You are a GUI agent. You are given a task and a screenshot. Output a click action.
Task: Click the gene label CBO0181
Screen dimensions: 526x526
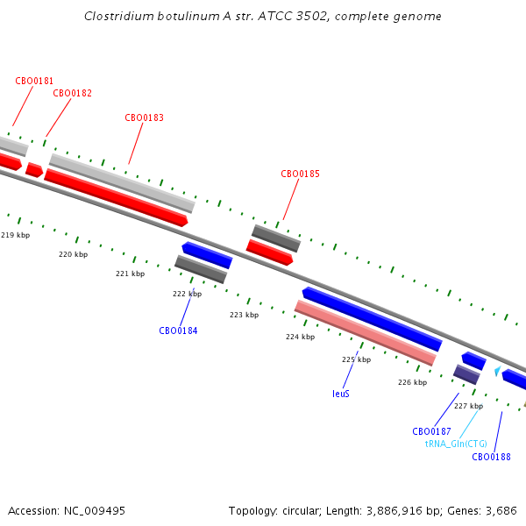click(34, 81)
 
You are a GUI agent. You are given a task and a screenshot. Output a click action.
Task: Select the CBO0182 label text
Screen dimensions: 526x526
click(72, 93)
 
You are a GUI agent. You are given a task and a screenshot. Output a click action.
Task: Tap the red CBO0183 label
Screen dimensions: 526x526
click(144, 117)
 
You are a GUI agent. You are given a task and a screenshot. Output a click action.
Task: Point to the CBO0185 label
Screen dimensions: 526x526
click(300, 174)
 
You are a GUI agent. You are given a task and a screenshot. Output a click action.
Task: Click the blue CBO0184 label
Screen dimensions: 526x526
click(178, 331)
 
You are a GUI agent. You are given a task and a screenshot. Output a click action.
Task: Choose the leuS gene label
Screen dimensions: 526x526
click(341, 394)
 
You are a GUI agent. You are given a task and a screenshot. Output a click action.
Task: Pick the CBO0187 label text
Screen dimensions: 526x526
click(431, 431)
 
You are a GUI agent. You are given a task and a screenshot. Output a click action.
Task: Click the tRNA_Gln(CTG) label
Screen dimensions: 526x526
click(456, 444)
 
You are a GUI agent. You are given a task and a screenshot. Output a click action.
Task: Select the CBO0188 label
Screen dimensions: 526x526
click(491, 457)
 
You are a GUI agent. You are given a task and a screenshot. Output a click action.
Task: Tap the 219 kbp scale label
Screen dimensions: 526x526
click(15, 235)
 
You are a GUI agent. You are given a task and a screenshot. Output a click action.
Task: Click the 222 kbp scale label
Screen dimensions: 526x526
click(187, 294)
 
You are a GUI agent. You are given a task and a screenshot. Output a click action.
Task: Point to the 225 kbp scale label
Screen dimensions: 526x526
click(356, 359)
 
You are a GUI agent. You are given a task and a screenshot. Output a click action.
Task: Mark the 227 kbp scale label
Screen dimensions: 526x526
click(468, 406)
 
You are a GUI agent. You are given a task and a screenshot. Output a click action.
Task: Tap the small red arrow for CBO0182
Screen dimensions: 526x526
click(34, 169)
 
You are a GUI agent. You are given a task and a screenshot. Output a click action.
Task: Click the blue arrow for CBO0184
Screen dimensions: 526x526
click(207, 255)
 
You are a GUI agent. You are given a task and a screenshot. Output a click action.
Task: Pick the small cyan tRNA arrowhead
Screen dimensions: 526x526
click(497, 372)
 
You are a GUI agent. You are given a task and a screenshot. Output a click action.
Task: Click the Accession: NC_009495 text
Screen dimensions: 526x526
click(67, 510)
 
